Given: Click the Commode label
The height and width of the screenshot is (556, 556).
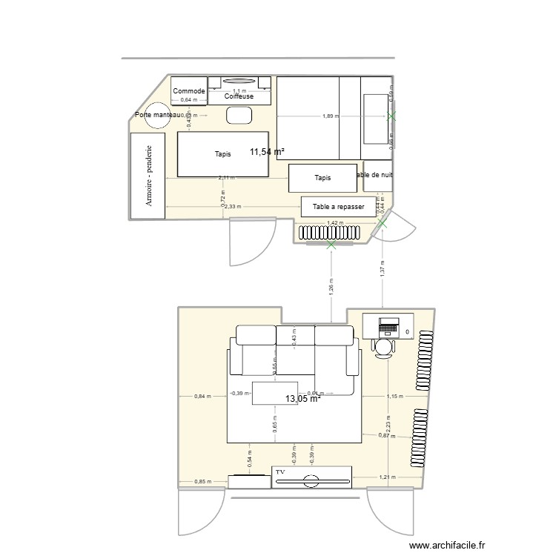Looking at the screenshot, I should [x=189, y=91].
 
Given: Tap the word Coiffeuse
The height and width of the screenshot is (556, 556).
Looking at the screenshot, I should [x=239, y=97].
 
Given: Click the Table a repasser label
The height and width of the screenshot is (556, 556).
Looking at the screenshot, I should [x=339, y=207].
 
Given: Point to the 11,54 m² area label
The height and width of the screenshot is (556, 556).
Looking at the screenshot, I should [x=267, y=151].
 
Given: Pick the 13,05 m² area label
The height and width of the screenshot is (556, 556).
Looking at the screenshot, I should [x=302, y=399].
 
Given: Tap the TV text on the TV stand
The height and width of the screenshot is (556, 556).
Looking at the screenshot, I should [x=280, y=471].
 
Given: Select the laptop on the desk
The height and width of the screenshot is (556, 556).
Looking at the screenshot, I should [x=389, y=325].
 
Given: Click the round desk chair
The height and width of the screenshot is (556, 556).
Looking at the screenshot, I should [x=385, y=347].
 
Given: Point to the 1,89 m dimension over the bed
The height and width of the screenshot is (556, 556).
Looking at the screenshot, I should [x=331, y=116].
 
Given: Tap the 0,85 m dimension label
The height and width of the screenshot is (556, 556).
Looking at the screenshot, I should [x=202, y=482].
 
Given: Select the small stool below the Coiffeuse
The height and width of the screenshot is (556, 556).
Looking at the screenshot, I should [x=239, y=115].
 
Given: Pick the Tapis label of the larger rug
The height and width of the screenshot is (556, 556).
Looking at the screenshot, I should [x=222, y=154].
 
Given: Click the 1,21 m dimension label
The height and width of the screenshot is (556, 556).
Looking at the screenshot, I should [x=386, y=477].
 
